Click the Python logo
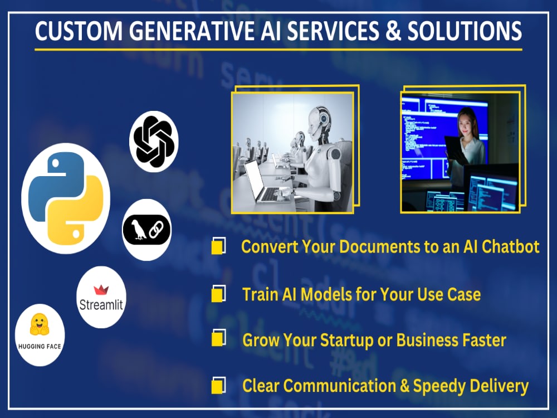click(66, 198)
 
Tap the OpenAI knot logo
click(154, 142)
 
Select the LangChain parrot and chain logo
click(146, 230)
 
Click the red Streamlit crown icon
click(101, 290)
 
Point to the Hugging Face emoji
click(40, 324)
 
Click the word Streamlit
click(101, 305)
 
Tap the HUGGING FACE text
click(40, 346)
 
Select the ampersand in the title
click(393, 31)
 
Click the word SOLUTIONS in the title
click(465, 31)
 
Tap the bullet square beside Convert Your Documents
click(218, 246)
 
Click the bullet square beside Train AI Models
click(218, 294)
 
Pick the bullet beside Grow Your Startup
click(218, 338)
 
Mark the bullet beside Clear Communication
click(218, 385)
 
